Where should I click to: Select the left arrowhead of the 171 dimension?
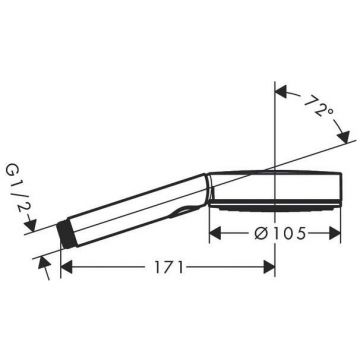pyautogui.click(x=67, y=267)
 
